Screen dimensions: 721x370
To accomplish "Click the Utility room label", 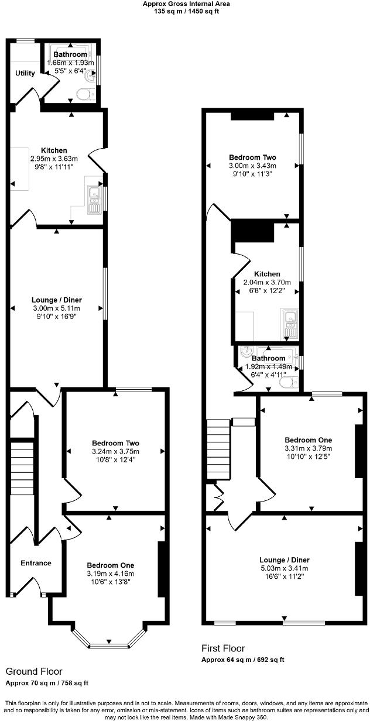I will [25, 73].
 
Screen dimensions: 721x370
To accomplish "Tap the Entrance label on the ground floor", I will [36, 563].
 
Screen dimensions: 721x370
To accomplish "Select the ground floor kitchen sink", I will [94, 198].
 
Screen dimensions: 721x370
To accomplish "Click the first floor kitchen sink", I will [290, 324].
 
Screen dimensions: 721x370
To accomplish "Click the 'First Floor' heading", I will [222, 648].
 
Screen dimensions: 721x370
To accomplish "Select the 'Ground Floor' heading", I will [34, 671].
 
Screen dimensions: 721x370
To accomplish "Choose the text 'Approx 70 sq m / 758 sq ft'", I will [47, 682].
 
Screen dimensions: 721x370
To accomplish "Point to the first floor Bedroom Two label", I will [252, 157].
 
